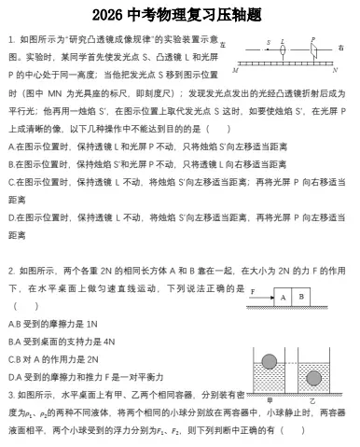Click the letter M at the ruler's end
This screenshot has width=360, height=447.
(x=235, y=70)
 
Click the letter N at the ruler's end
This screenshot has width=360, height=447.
(x=334, y=70)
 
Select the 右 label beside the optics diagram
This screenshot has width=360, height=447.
(x=341, y=47)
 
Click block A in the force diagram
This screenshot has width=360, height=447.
(x=281, y=297)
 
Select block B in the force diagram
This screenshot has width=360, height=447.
(x=300, y=297)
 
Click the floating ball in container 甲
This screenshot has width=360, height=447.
(x=270, y=361)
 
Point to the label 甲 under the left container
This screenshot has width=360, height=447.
(x=270, y=399)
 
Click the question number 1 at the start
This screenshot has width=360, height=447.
(x=9, y=40)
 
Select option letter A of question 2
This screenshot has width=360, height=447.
(x=11, y=323)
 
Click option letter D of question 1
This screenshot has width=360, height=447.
(x=11, y=217)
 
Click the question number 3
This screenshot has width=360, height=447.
(x=9, y=395)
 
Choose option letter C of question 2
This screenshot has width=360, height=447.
(x=11, y=358)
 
